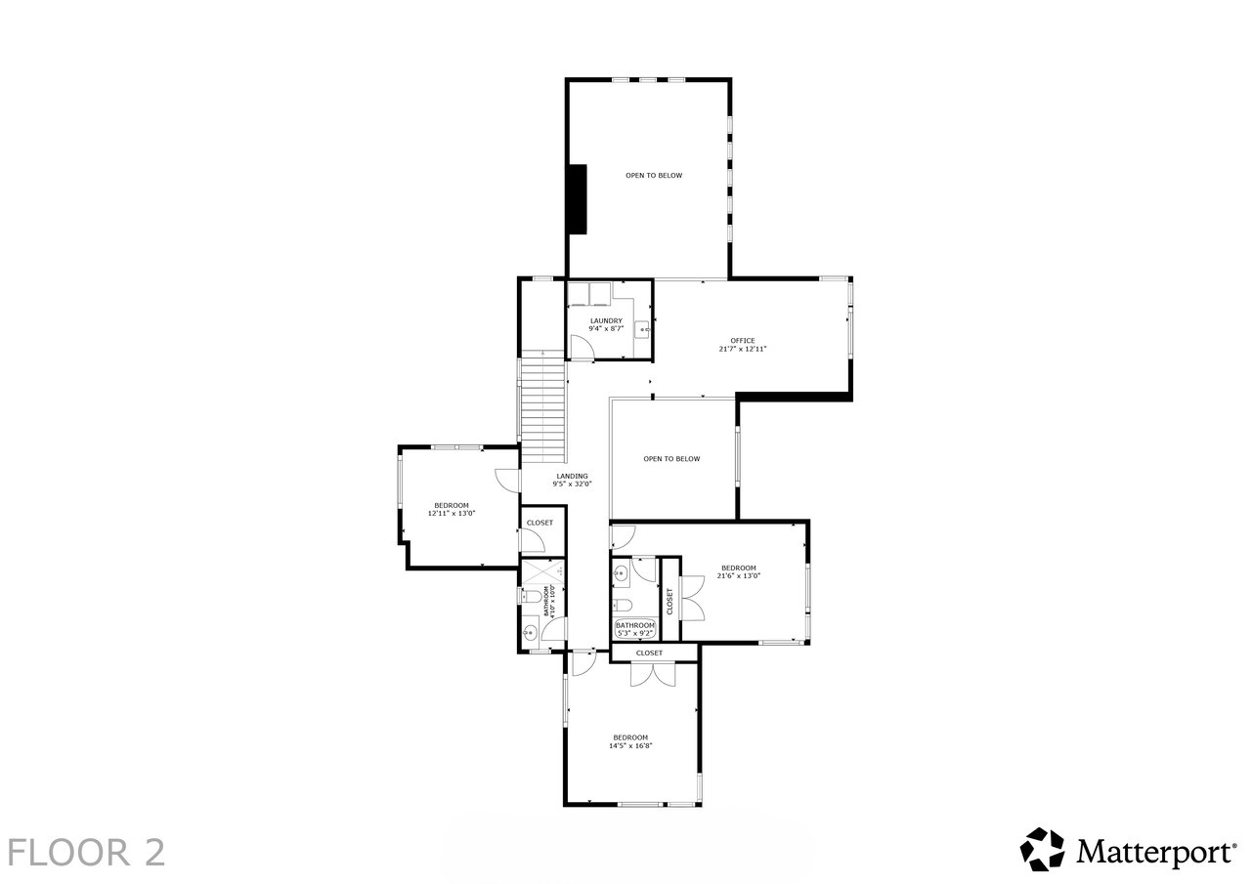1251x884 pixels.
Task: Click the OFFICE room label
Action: (742, 341)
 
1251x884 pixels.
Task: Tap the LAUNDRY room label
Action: (606, 321)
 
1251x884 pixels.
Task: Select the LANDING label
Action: (572, 476)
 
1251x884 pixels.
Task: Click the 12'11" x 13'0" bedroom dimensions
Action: (452, 513)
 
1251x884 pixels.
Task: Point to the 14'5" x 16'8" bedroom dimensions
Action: (630, 745)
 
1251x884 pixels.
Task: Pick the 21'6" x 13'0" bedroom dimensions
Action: (738, 575)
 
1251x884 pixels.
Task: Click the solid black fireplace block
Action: (578, 198)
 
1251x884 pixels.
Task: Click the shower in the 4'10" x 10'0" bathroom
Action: (542, 570)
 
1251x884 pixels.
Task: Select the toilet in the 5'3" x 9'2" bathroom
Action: (623, 605)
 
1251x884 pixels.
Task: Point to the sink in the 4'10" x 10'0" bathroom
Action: (530, 632)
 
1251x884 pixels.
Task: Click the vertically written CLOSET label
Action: (669, 601)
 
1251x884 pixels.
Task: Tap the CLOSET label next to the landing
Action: (539, 523)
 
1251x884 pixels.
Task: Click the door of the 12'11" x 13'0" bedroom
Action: (508, 480)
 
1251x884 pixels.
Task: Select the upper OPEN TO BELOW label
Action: (654, 175)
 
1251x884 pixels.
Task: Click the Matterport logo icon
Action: (1042, 849)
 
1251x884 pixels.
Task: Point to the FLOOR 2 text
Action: (87, 852)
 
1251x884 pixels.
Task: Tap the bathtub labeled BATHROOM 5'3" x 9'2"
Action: (635, 629)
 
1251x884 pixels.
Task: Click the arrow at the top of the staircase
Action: (542, 355)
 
